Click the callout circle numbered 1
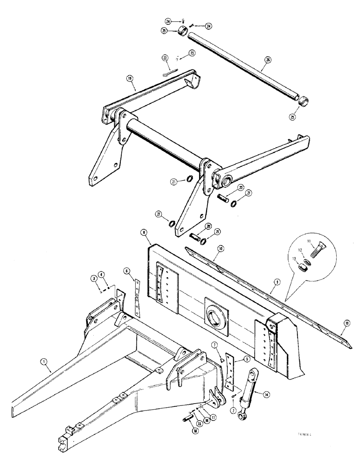tap(44, 361)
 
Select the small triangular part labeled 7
tap(222, 357)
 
